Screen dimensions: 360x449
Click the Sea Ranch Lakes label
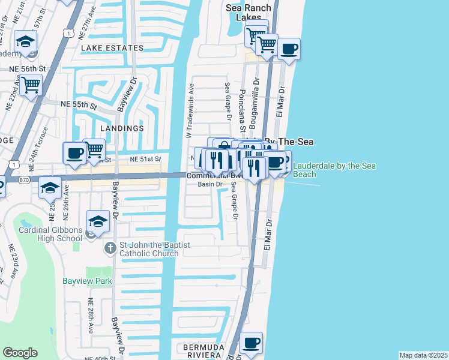coord(248,13)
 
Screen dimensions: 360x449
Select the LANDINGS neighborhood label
coord(122,128)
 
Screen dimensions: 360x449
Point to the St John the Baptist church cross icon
coord(109,248)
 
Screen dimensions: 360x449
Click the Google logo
coord(20,353)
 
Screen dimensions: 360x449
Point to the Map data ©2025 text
coord(423,355)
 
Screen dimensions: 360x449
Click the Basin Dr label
coord(210,184)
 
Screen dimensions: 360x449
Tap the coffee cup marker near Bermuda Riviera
coord(251,344)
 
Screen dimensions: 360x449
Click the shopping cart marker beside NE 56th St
coord(30,85)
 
